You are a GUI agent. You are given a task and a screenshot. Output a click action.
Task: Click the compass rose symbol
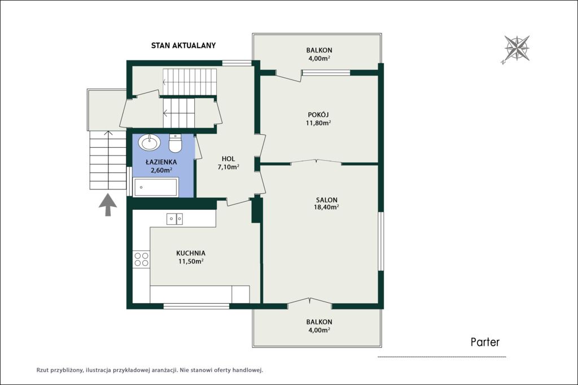tap(517, 48)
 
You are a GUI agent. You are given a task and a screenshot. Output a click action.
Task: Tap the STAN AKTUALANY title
tap(183, 45)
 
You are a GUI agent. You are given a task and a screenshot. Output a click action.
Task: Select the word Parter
tap(485, 342)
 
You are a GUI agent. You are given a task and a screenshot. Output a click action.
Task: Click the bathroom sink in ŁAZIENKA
tap(149, 142)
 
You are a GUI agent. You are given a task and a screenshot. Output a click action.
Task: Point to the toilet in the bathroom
tap(175, 144)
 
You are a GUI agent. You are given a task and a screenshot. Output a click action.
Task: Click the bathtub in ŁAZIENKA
tap(156, 187)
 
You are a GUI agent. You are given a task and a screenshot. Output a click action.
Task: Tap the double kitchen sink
tap(175, 219)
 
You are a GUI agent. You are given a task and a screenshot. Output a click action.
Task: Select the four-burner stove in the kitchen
tap(142, 259)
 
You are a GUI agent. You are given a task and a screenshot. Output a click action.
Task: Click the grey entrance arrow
tap(108, 205)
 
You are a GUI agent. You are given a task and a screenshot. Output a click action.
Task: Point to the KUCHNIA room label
tap(191, 253)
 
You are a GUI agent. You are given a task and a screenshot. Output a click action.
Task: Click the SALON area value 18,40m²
tap(326, 207)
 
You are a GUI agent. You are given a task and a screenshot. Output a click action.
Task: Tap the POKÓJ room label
tap(318, 115)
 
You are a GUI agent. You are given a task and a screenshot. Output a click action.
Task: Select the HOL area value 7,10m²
tap(228, 167)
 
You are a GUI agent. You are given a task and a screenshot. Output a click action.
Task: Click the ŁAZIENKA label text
tap(161, 162)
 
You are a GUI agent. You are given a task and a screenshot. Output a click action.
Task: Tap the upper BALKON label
tap(319, 50)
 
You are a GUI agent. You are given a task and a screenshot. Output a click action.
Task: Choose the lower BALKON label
tap(319, 322)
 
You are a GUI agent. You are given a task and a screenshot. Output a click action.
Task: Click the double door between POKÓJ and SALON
tap(316, 162)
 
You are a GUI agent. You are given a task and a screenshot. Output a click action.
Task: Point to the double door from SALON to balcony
tap(310, 302)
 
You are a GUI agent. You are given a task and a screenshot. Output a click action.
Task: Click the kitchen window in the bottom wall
tap(196, 306)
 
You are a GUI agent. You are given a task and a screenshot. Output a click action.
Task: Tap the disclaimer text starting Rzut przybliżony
tap(150, 370)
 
